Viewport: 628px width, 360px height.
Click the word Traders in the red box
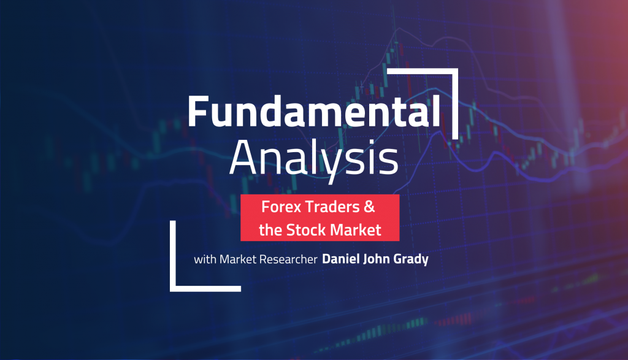pyautogui.click(x=334, y=209)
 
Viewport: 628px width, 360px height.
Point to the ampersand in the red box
pyautogui.click(x=386, y=209)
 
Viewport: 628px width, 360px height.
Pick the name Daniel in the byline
pyautogui.click(x=341, y=259)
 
